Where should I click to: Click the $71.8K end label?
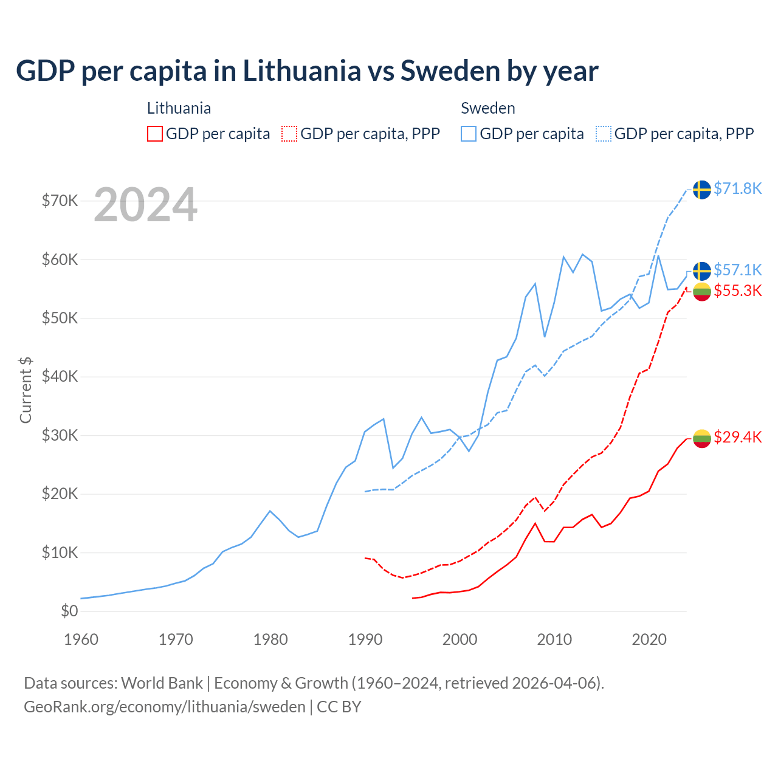click(737, 189)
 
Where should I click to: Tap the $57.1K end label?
click(737, 270)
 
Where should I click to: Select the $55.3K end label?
click(737, 291)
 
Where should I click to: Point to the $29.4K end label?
click(737, 438)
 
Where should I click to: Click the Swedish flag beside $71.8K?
click(702, 190)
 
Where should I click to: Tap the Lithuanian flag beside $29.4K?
click(702, 438)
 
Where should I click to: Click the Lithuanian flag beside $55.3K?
click(702, 292)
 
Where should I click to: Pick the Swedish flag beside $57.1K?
click(702, 270)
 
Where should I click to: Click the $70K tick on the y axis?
click(60, 201)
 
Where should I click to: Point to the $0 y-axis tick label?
click(69, 611)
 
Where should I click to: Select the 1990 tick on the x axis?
click(365, 639)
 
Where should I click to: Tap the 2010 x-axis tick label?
click(554, 639)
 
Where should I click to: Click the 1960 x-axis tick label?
click(81, 639)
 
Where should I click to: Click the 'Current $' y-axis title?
click(26, 390)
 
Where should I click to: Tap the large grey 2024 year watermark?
click(146, 205)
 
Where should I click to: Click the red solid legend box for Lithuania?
click(155, 134)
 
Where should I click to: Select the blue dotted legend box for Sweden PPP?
click(604, 134)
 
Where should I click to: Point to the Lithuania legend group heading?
click(179, 108)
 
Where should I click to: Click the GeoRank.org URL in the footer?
click(165, 707)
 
